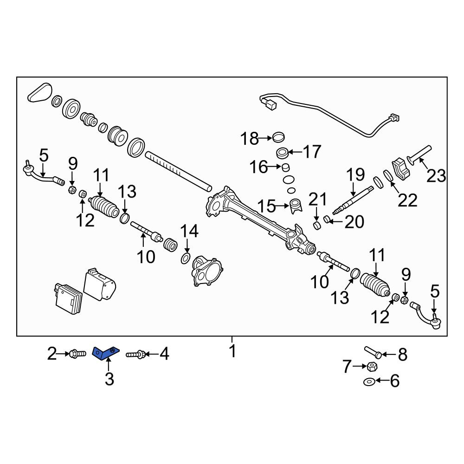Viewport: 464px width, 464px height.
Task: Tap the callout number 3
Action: point(109,379)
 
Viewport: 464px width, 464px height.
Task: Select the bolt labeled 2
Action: point(77,353)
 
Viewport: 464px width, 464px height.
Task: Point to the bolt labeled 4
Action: point(135,354)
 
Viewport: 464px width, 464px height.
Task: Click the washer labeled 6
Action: point(369,382)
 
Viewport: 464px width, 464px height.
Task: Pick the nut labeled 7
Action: point(372,367)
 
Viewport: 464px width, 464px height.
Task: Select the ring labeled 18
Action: point(278,137)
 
